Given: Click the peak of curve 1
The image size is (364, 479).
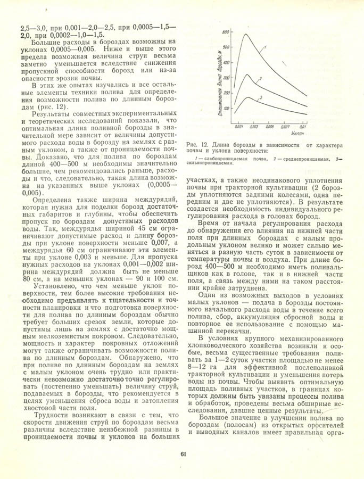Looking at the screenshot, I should point(245,35).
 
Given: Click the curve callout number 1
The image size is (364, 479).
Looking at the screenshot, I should point(264,47).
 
